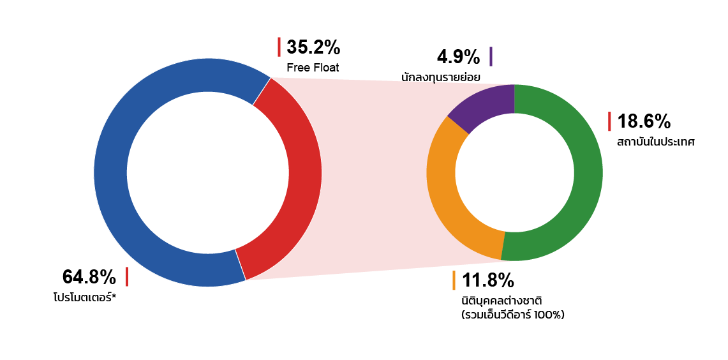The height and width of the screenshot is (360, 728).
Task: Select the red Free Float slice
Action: [x=301, y=177]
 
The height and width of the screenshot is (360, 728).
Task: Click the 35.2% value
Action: [x=313, y=47]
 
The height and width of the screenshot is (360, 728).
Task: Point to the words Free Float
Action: [x=313, y=68]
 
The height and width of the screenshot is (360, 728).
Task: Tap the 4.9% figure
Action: [x=458, y=57]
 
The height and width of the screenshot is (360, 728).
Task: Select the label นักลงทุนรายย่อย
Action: [x=441, y=77]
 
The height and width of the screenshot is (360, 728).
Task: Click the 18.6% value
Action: [x=644, y=122]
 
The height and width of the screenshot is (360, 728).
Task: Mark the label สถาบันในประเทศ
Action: [x=655, y=142]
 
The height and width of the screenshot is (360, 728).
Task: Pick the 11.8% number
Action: [x=488, y=280]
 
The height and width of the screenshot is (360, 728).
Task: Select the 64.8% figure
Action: [x=89, y=277]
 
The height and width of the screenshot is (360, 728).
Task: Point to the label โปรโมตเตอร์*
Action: [x=84, y=297]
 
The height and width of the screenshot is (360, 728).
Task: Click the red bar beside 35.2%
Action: [x=279, y=47]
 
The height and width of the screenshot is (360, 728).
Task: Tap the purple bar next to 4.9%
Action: [x=491, y=57]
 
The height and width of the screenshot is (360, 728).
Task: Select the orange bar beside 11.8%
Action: [x=454, y=280]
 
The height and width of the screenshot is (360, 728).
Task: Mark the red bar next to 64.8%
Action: [x=127, y=277]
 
